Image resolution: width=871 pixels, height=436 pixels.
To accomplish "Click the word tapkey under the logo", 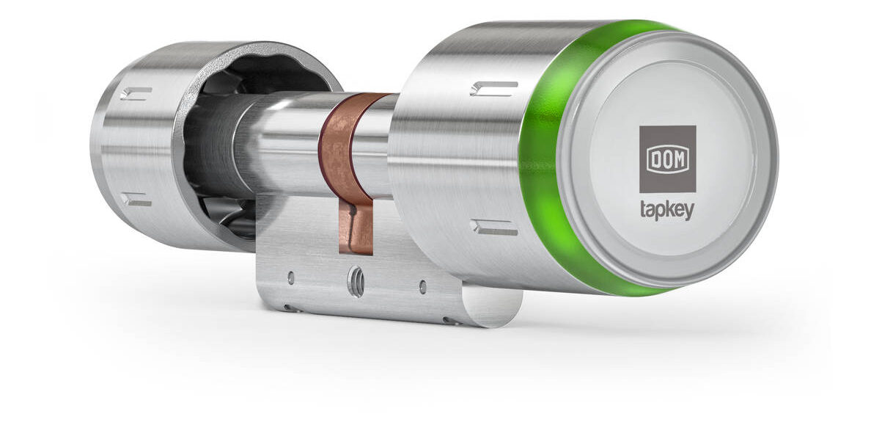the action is click(x=667, y=211).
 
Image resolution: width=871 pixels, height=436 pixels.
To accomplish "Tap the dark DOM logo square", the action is click(x=668, y=159).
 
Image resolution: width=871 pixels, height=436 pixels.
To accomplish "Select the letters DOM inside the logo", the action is click(x=668, y=159).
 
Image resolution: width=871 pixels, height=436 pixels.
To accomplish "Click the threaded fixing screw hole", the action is click(x=356, y=282).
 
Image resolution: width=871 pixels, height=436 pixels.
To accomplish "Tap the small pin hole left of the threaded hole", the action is click(x=290, y=277).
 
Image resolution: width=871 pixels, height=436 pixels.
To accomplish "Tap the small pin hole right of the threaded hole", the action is click(x=423, y=287).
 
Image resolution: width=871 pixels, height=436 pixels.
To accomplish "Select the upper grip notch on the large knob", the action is click(x=494, y=88).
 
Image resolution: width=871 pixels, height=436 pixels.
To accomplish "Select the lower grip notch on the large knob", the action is click(x=494, y=226).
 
